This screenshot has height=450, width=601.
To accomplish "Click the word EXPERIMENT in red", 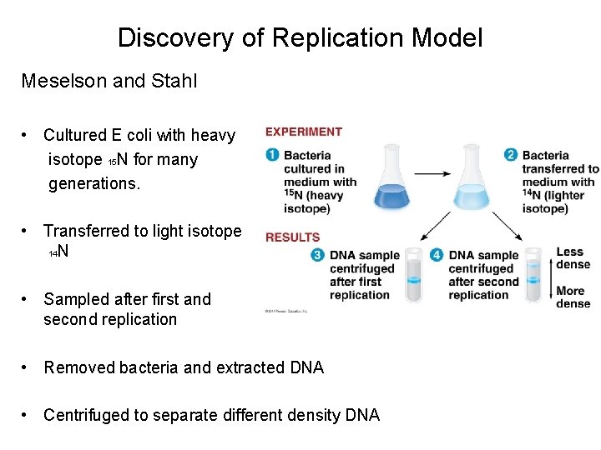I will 303,132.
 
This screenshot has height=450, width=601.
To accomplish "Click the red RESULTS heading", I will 292,237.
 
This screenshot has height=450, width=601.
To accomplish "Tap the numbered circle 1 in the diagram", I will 272,155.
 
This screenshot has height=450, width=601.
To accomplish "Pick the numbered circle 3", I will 317,255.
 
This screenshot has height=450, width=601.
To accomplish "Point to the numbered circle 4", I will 437,255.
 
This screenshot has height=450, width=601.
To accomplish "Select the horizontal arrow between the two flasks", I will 432,173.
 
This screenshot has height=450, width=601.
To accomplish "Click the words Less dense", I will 573,258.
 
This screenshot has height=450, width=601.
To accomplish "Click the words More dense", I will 573,297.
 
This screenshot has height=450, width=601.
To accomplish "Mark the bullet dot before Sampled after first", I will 28,299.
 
